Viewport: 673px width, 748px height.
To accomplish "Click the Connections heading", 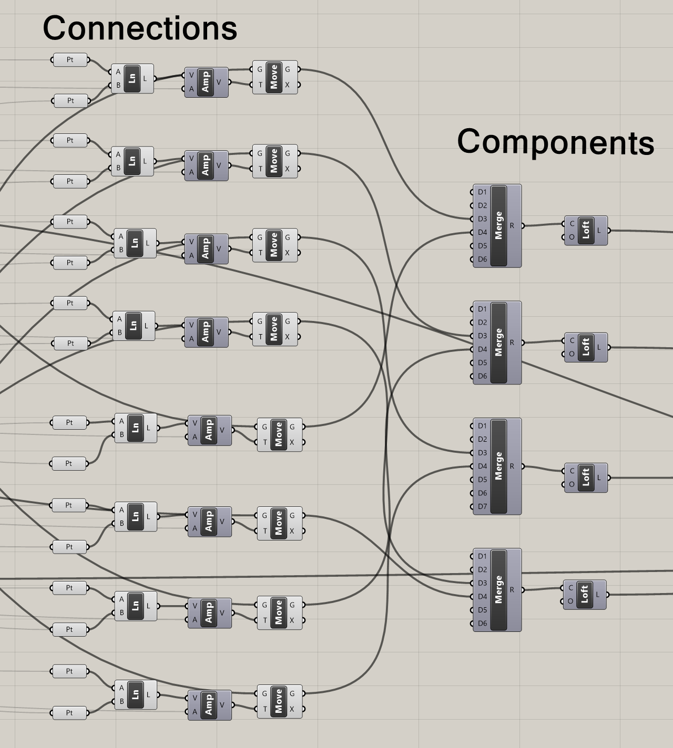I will click(140, 28).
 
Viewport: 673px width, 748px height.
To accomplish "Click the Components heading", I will click(555, 142).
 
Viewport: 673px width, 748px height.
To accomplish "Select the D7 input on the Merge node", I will click(482, 506).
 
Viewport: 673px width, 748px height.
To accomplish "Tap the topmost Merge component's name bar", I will click(498, 225).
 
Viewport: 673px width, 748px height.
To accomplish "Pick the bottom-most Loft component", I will click(584, 595).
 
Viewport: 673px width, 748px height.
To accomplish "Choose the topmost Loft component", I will click(586, 230).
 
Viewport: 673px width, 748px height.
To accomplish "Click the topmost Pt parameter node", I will click(70, 60).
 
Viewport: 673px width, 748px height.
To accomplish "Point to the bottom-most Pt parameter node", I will click(69, 713).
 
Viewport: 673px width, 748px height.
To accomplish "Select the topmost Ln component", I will click(132, 79).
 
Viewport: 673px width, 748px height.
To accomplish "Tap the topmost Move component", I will click(274, 77).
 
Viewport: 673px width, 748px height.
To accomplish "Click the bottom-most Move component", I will click(279, 701).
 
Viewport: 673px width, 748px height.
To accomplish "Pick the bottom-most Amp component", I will click(209, 705).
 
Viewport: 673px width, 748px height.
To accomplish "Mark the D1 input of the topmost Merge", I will click(482, 192).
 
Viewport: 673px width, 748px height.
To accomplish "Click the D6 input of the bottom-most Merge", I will click(482, 624).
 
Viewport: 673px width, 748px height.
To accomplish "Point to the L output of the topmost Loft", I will click(599, 230).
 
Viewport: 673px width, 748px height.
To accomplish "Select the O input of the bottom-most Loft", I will click(570, 601).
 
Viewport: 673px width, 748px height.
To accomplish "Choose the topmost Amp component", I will click(206, 82).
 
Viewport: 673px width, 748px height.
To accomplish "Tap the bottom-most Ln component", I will click(135, 694).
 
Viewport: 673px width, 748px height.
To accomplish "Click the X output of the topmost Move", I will click(288, 85).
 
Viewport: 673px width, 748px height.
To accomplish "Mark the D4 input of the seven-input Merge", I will click(482, 466).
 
